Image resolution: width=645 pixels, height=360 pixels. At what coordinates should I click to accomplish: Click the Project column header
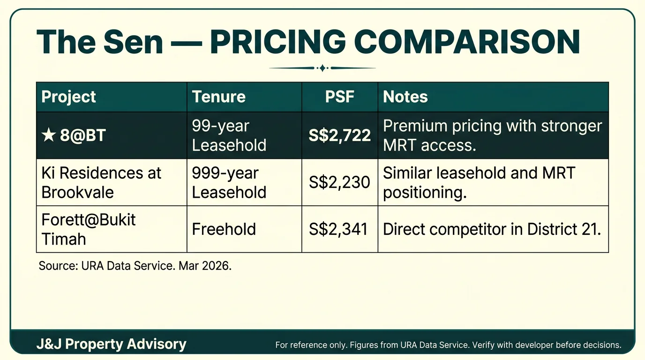69,97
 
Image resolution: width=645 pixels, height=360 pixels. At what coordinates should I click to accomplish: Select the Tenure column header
218,97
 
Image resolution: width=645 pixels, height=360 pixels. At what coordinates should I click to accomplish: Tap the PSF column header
340,97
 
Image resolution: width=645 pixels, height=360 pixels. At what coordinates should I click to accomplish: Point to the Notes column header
405,97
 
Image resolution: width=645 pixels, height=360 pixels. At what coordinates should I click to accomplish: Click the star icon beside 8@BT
48,135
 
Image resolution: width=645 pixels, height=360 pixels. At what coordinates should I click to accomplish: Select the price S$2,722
340,135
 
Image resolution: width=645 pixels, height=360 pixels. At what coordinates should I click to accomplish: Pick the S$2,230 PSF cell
340,182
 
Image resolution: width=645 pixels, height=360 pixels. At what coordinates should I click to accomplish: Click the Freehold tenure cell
224,229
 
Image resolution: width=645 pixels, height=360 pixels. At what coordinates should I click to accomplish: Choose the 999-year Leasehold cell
229,182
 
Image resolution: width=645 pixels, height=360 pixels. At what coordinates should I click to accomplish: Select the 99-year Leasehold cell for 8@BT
229,135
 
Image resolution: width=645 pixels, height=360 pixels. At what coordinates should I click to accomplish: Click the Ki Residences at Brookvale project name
101,182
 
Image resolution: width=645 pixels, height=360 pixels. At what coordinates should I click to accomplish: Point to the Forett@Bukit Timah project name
89,229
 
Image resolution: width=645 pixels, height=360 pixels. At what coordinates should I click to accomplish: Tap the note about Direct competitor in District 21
492,229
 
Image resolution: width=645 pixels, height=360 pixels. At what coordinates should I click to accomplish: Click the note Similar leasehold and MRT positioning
479,182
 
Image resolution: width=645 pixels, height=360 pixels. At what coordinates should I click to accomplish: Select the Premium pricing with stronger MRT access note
492,135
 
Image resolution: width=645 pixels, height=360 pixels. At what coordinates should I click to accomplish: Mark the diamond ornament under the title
322,68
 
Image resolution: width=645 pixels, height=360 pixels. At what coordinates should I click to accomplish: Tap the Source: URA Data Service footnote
135,266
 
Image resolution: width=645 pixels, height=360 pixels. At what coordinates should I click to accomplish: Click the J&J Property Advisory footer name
112,345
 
